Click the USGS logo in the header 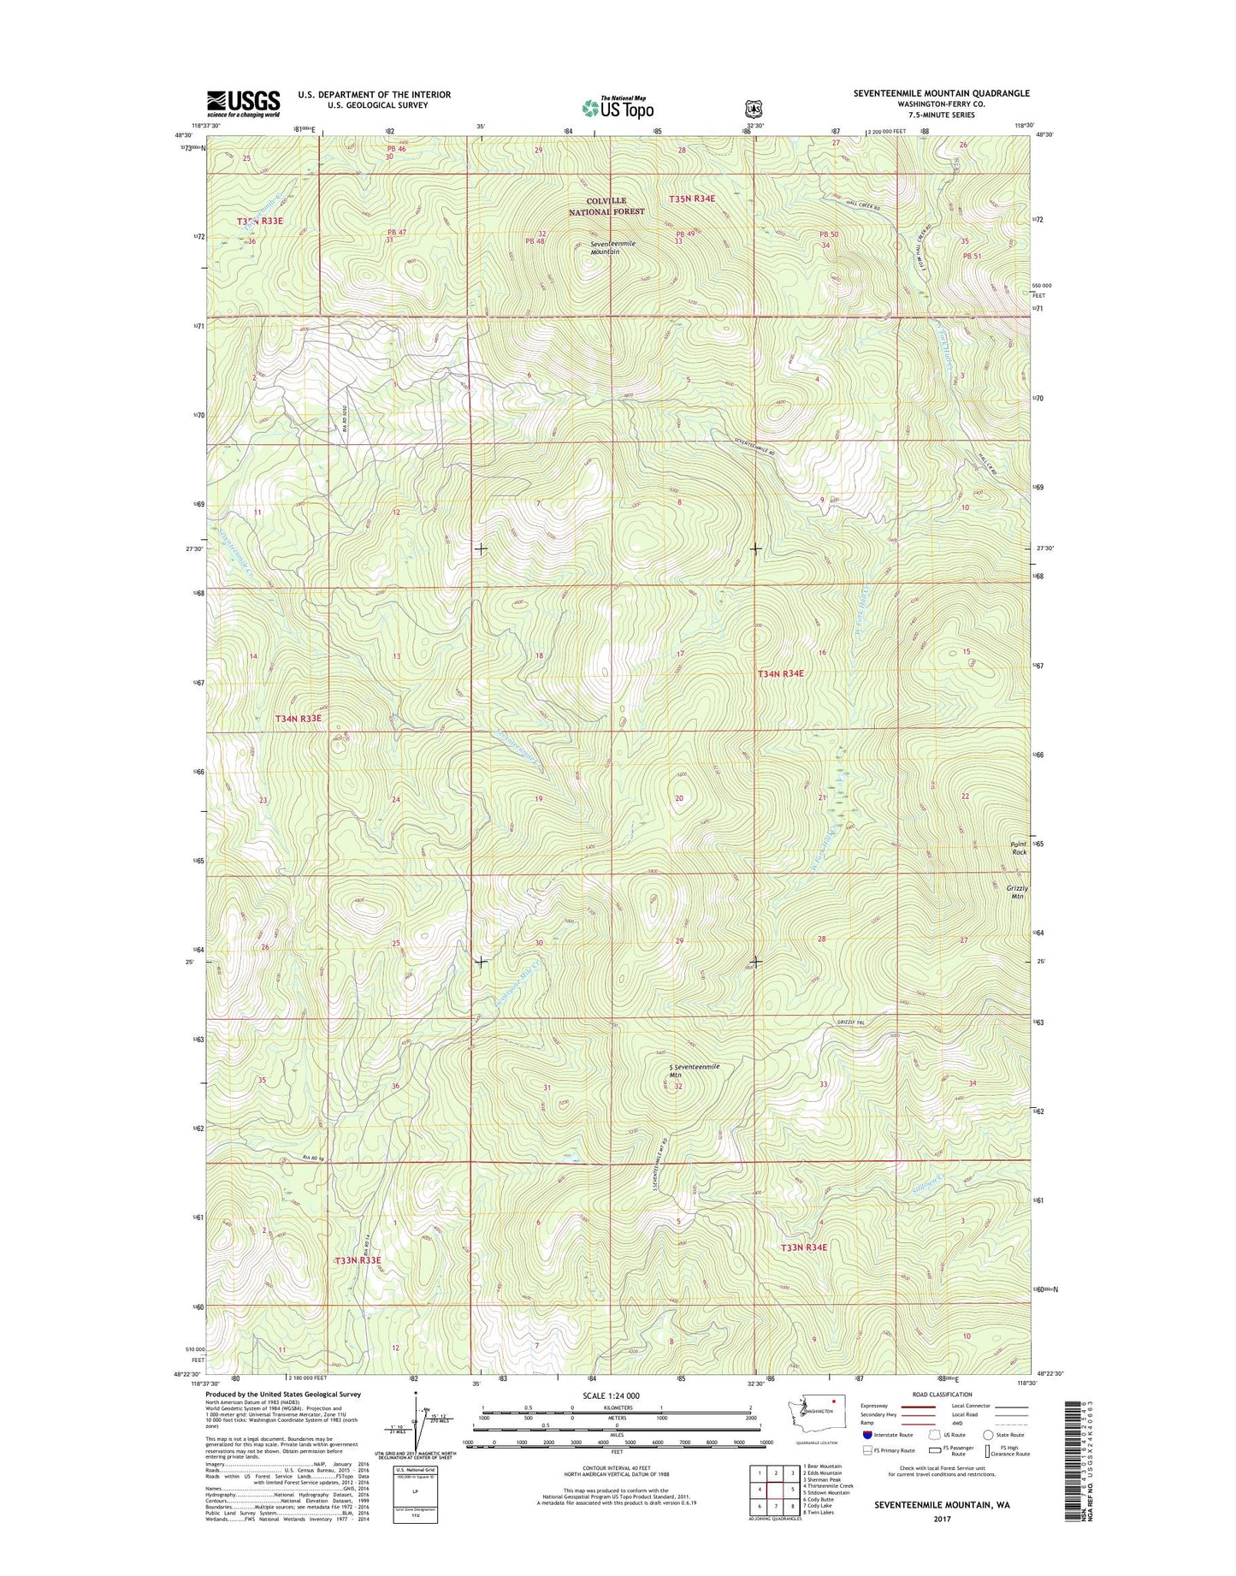tap(243, 104)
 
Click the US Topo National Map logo tap(618, 107)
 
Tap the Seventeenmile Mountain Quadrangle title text tap(941, 93)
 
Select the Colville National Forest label tap(606, 206)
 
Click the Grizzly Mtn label tap(1017, 892)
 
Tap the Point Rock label tap(1019, 848)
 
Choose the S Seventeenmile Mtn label tap(695, 1070)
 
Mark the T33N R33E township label tap(358, 1260)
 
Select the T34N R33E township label tap(299, 719)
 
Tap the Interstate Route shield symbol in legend tap(868, 1435)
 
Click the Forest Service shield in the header tap(754, 109)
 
